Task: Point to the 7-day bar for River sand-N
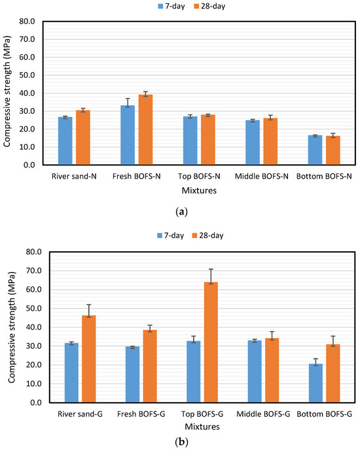tap(65, 141)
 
